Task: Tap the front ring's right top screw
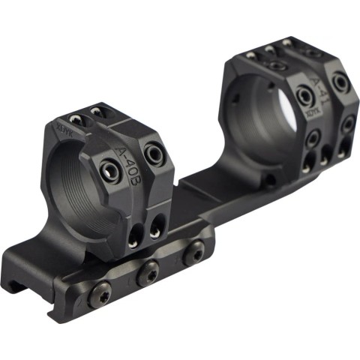[x=96, y=112]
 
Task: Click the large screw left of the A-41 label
[x=304, y=96]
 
